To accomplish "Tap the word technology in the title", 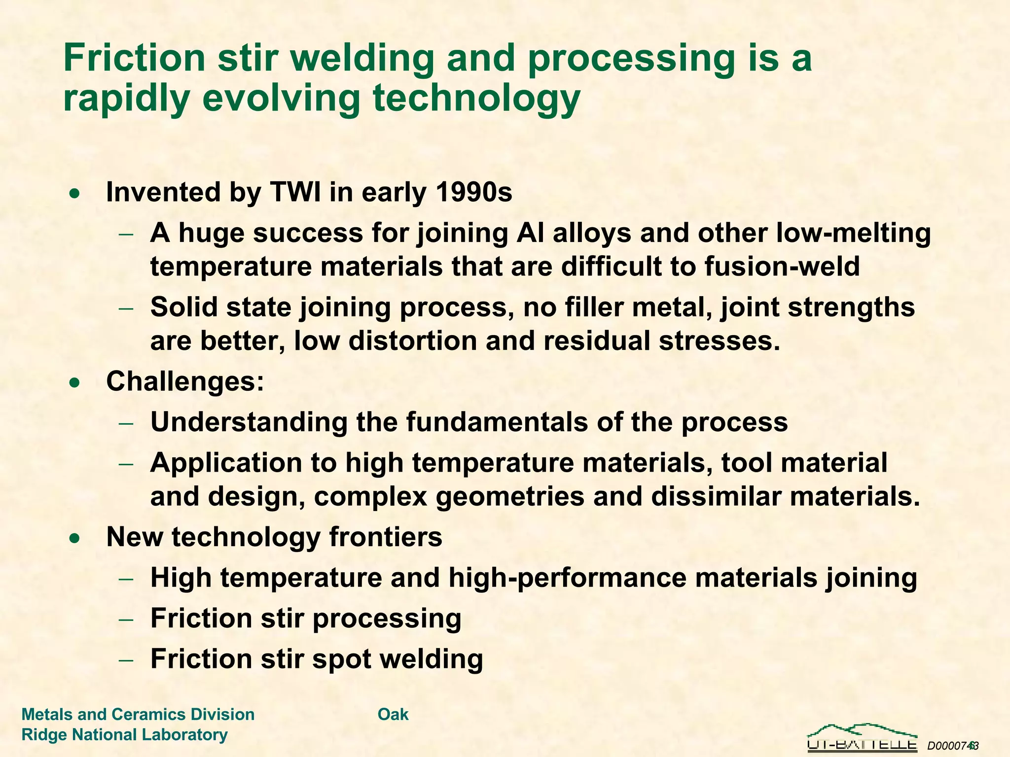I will [476, 99].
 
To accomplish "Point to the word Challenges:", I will [185, 381].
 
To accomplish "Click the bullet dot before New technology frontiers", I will [74, 538].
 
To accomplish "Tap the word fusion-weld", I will [782, 267].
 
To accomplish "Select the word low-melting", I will [853, 233].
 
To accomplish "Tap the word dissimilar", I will [716, 497].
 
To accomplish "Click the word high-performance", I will [567, 578].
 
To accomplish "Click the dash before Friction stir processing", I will [126, 619].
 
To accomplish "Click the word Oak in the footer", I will [393, 714].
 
